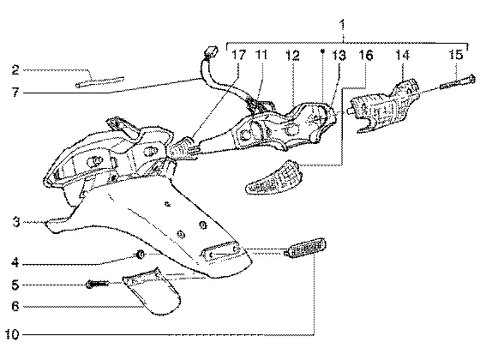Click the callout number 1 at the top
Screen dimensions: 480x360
coord(343,25)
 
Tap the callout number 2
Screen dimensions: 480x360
coord(15,70)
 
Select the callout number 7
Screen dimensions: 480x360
coord(15,92)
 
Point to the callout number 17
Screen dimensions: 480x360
coord(238,55)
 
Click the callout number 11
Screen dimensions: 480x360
coord(261,55)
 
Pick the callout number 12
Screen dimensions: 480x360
coord(292,56)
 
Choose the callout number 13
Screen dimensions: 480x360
coord(339,56)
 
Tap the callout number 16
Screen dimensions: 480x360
coord(366,56)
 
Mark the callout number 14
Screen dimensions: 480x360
coord(403,55)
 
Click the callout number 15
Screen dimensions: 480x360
coord(456,55)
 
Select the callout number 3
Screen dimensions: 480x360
coord(16,222)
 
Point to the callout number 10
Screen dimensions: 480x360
coord(12,334)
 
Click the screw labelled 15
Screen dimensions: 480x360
coord(458,82)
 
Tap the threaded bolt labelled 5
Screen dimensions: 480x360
coord(98,285)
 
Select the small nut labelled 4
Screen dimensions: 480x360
coord(141,255)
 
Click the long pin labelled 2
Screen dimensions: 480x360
coord(100,81)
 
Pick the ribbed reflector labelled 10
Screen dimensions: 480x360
coord(305,247)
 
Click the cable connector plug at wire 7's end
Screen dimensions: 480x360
coord(211,51)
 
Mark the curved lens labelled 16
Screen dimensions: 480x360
coord(274,177)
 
